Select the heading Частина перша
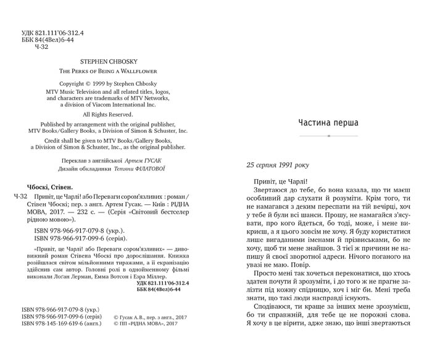pos(328,122)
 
